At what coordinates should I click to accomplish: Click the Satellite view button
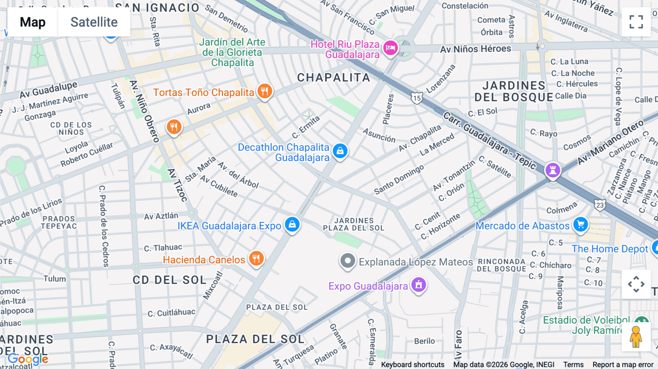[x=94, y=22]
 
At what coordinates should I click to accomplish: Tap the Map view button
[x=33, y=22]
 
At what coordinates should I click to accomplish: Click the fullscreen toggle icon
[x=636, y=22]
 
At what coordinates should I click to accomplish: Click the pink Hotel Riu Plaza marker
[x=390, y=48]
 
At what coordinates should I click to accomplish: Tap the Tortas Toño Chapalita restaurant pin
[x=265, y=91]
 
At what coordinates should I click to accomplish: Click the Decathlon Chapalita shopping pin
[x=340, y=151]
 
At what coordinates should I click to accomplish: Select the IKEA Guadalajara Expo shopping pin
[x=292, y=224]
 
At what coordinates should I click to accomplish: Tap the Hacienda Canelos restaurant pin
[x=256, y=258]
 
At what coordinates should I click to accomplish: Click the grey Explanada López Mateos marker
[x=348, y=261]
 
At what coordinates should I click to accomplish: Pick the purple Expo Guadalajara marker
[x=419, y=285]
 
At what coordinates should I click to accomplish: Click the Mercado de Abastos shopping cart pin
[x=581, y=224]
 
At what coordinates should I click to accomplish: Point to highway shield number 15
[x=417, y=98]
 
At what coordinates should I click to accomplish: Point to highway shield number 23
[x=600, y=205]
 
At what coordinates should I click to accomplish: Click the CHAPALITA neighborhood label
[x=333, y=77]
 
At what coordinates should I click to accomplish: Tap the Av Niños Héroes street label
[x=475, y=49]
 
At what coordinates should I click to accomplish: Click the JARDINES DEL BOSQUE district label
[x=514, y=91]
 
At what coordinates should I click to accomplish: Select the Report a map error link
[x=623, y=365]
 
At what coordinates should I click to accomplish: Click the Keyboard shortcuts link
[x=412, y=365]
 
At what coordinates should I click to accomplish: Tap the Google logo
[x=28, y=359]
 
